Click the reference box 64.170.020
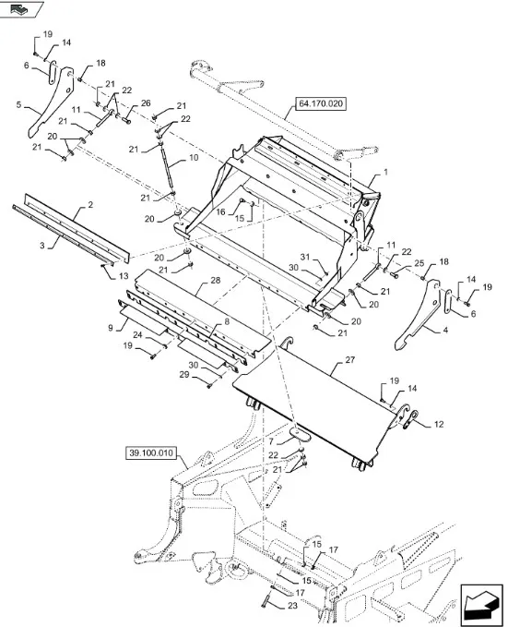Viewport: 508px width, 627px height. pyautogui.click(x=321, y=104)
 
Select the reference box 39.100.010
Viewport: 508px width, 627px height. pyautogui.click(x=150, y=453)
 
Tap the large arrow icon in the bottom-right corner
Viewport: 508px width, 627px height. pyautogui.click(x=481, y=605)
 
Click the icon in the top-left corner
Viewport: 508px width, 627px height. pyautogui.click(x=20, y=8)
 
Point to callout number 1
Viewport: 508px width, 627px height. pyautogui.click(x=385, y=172)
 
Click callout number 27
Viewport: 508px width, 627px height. pyautogui.click(x=349, y=360)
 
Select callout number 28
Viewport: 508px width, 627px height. pyautogui.click(x=215, y=281)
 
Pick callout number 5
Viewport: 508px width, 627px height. pyautogui.click(x=18, y=104)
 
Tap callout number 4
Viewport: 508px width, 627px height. pyautogui.click(x=445, y=331)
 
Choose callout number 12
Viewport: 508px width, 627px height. pyautogui.click(x=439, y=424)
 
